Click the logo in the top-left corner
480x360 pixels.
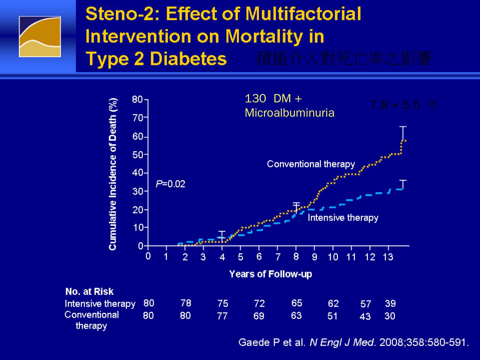40,37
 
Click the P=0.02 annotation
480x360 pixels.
170,184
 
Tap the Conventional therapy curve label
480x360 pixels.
311,164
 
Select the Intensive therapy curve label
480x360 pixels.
343,218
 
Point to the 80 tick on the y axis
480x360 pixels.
137,99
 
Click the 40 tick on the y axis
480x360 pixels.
137,173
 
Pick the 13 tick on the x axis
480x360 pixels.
388,257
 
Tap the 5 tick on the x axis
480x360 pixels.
240,257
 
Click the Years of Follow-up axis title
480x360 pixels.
270,274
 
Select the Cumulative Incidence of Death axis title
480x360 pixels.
113,174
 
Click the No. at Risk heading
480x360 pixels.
89,291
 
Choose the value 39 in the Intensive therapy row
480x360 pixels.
390,303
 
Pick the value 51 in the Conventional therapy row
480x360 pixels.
332,316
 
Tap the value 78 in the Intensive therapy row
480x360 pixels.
186,303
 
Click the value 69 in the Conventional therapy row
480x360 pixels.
259,316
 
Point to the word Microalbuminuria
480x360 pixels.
289,113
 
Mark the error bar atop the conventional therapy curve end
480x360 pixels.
403,133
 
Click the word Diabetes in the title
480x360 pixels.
188,59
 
